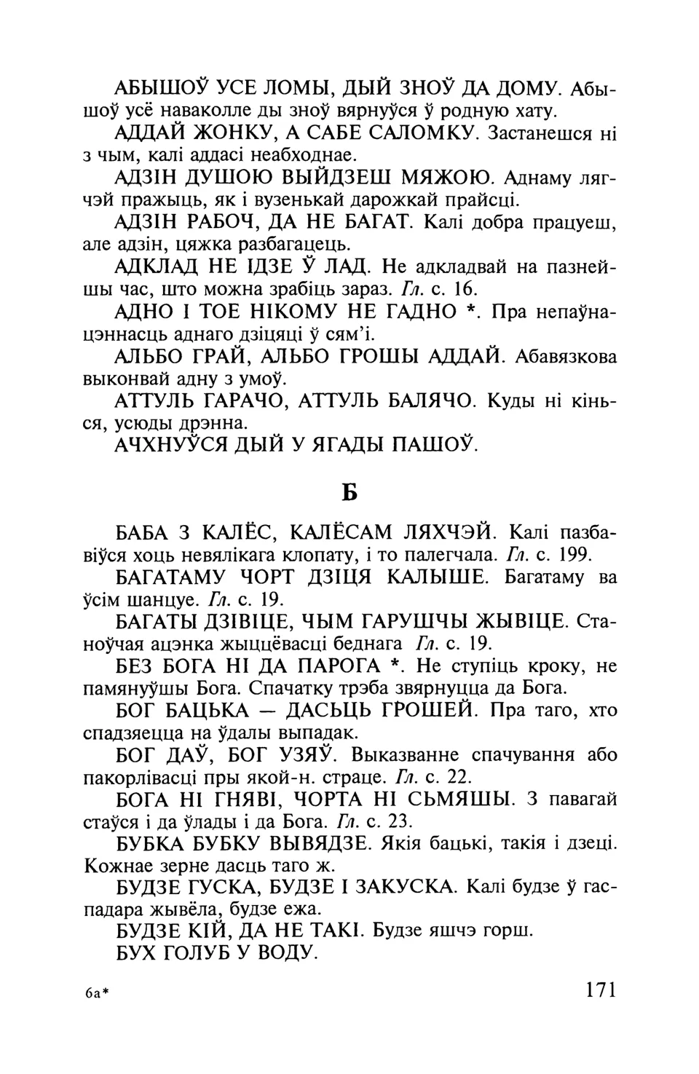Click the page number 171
click(600, 990)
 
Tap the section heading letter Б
click(349, 493)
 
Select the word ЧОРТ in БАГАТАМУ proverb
click(277, 577)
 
